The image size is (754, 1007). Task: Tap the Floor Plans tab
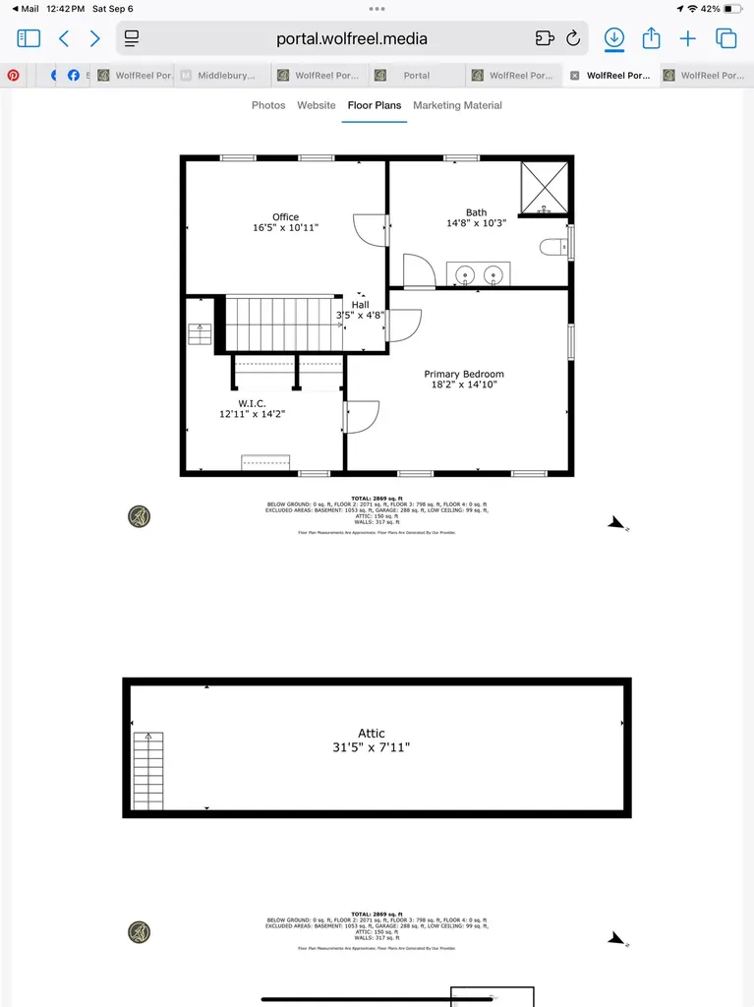pos(374,105)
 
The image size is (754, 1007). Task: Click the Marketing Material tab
pos(457,105)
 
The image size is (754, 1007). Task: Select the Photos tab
pos(268,105)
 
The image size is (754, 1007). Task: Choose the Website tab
pos(317,105)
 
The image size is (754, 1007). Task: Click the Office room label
pos(285,217)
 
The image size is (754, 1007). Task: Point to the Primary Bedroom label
pos(464,374)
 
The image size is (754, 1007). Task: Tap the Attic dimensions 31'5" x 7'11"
pos(372,748)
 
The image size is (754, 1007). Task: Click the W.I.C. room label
pos(252,403)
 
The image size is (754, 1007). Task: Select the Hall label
pos(361,305)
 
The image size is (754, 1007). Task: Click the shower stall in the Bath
pos(544,187)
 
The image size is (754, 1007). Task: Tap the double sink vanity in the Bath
pos(478,273)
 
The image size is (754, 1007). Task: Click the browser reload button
pos(573,38)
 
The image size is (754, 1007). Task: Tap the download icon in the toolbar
pos(613,38)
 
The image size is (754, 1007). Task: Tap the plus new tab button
pos(688,38)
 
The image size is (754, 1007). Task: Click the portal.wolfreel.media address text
pos(352,39)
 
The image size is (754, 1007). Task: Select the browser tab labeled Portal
pos(416,75)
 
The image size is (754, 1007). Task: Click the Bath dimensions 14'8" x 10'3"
pos(476,223)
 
